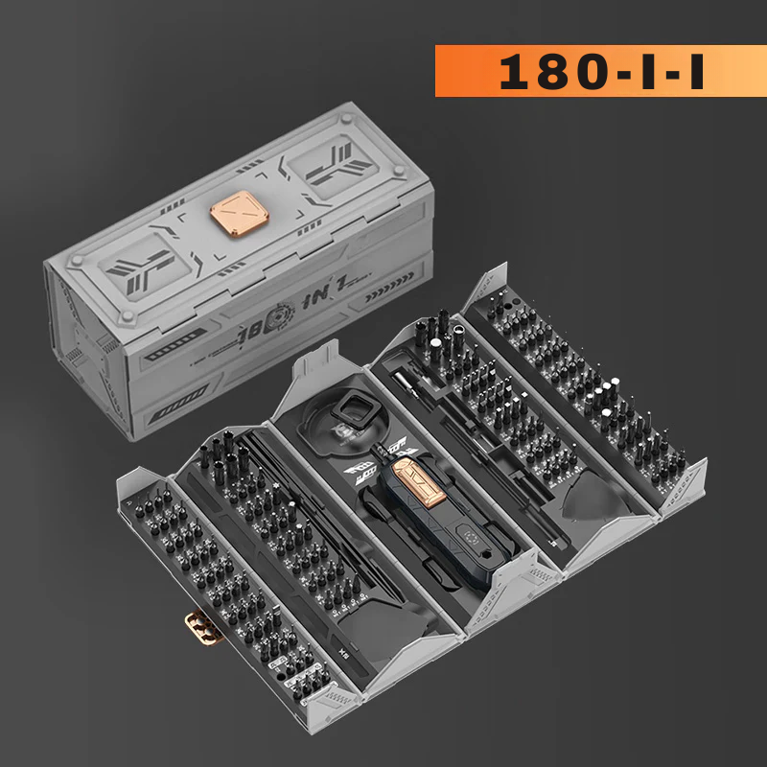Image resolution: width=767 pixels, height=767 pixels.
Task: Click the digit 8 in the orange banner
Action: (x=556, y=71)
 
